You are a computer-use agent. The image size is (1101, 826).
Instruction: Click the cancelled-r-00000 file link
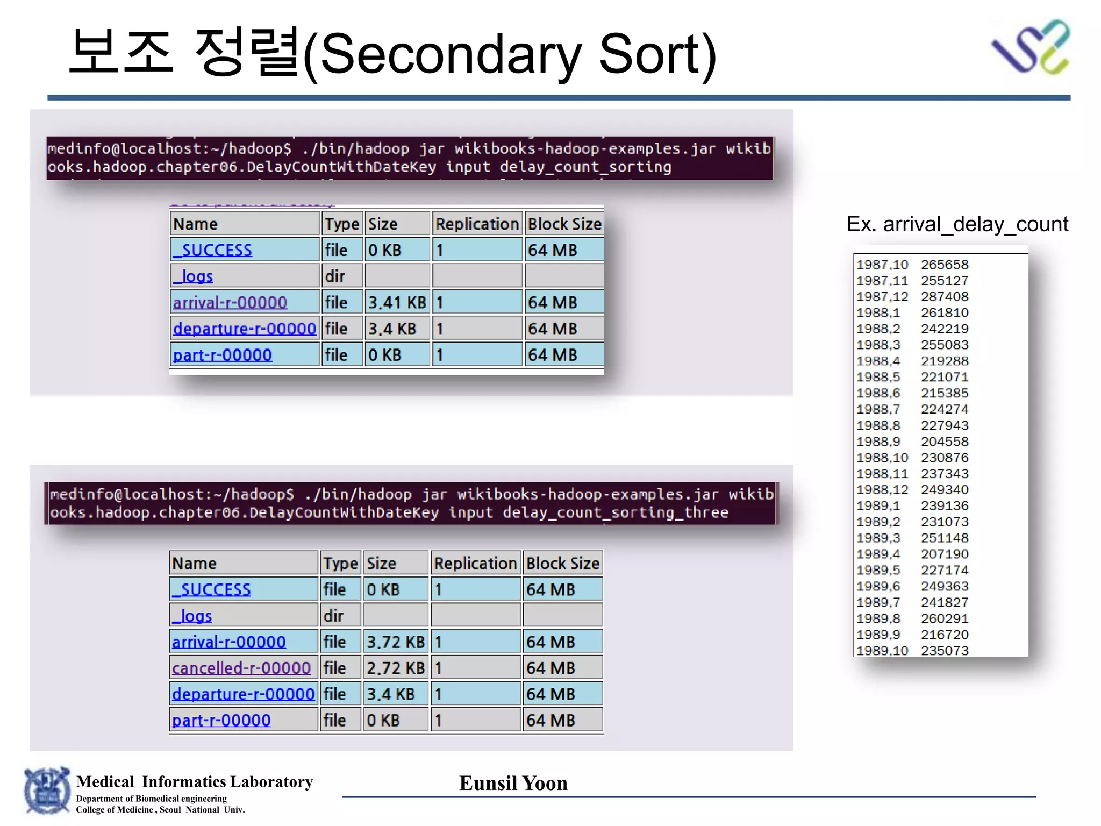[241, 668]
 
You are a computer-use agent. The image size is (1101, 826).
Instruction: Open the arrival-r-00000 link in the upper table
[230, 302]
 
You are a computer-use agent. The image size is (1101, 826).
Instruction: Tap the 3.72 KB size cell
[395, 642]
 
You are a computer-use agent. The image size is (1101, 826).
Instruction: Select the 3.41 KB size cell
[397, 302]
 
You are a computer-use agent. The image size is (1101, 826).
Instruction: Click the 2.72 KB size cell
[395, 668]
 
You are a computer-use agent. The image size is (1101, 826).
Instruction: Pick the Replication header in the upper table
[477, 224]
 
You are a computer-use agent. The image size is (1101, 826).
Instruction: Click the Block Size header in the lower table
[562, 564]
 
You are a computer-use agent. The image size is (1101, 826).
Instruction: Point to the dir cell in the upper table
[335, 276]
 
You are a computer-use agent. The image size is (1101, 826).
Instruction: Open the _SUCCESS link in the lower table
[211, 589]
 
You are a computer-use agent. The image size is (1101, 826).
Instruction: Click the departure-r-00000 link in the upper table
[245, 329]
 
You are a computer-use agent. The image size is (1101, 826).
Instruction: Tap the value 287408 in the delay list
[945, 297]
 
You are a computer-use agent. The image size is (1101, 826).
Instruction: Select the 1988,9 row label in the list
[878, 442]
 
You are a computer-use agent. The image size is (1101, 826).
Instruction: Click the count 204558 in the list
[945, 442]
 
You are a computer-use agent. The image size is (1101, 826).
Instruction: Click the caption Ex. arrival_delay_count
[957, 224]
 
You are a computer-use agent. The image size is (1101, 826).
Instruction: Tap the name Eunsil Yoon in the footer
[513, 783]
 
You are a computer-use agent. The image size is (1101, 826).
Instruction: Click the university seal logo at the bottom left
[47, 791]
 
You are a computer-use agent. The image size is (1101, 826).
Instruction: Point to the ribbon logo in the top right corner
[1031, 47]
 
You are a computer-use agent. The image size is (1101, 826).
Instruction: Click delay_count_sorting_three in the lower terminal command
[615, 512]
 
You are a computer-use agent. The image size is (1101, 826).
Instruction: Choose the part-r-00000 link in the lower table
[221, 721]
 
